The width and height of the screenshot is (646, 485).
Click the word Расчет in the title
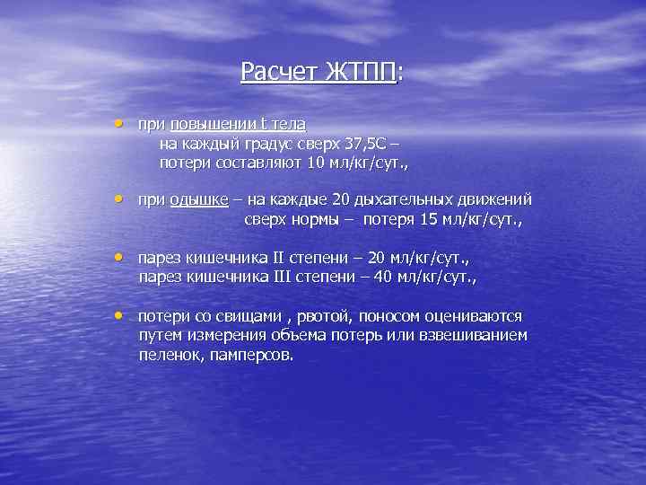(x=274, y=72)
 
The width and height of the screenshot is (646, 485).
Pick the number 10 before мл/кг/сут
(x=315, y=163)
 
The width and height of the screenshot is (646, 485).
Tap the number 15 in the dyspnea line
(x=416, y=219)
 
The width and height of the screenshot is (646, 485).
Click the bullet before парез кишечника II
(x=118, y=258)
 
